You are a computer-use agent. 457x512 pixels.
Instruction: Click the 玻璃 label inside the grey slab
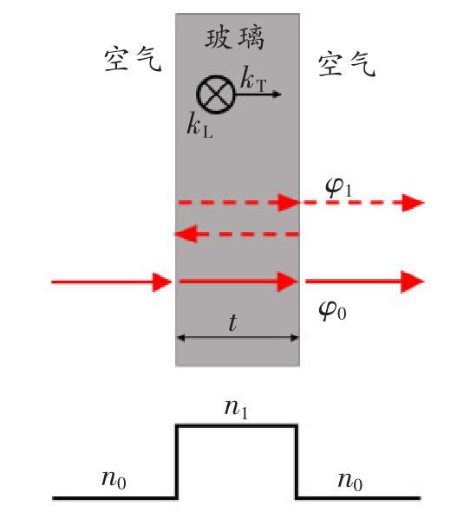[x=234, y=38]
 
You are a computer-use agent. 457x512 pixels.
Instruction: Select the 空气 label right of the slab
[x=347, y=64]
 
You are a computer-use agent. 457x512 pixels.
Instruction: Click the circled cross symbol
[x=215, y=94]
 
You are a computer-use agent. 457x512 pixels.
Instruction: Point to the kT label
[x=253, y=79]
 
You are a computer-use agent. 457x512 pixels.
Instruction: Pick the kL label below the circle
[x=200, y=125]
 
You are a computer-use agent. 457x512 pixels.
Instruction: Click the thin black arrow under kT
[x=258, y=94]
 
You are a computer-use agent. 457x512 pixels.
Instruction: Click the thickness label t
[x=232, y=322]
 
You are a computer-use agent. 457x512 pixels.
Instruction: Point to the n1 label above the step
[x=236, y=408]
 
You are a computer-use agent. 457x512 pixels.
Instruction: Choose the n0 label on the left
[x=114, y=480]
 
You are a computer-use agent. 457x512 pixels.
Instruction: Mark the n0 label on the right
[x=350, y=482]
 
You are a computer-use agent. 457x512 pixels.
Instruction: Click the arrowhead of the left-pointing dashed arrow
[x=186, y=234]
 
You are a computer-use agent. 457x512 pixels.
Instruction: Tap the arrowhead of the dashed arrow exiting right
[x=413, y=203]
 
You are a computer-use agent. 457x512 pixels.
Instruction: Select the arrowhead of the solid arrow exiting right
[x=413, y=282]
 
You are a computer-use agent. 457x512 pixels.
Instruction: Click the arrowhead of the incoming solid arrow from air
[x=162, y=282]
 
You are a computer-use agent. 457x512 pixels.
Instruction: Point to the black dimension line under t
[x=238, y=338]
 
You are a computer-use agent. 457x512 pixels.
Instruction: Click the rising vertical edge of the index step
[x=177, y=462]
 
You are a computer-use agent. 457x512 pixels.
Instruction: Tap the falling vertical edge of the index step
[x=297, y=462]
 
